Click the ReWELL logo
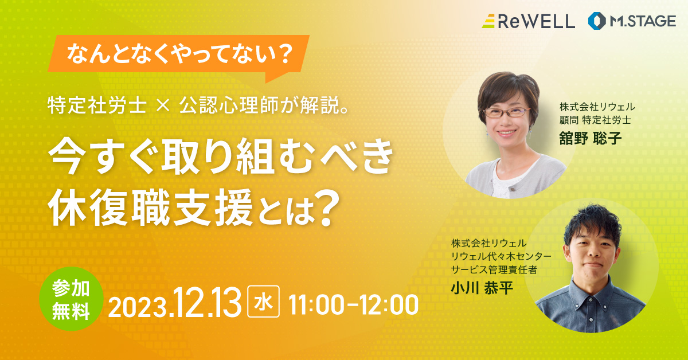(528, 21)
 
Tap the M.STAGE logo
(632, 21)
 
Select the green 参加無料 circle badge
(71, 299)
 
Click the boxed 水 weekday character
(264, 302)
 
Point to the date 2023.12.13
(174, 303)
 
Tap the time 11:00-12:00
(354, 305)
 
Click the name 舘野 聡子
(591, 138)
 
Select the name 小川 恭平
(482, 288)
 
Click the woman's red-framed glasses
(507, 112)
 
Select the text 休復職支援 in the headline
(150, 208)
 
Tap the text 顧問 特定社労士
(595, 120)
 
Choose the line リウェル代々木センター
(501, 256)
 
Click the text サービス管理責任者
(494, 269)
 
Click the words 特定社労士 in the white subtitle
(97, 105)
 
